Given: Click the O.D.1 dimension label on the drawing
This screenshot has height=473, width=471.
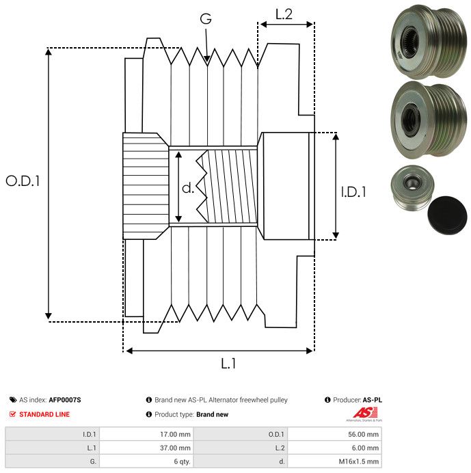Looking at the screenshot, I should click(x=23, y=181).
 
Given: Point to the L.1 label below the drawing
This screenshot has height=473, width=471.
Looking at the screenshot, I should click(x=228, y=364).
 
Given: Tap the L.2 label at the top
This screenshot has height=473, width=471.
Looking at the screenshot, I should click(x=284, y=13).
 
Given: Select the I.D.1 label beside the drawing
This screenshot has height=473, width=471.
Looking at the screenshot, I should click(x=353, y=193).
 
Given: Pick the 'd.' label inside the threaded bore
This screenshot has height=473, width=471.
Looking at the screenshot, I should click(x=188, y=188).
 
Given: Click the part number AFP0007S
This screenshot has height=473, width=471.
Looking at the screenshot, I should click(x=65, y=400).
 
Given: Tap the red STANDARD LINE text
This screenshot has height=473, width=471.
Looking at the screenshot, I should click(x=44, y=414).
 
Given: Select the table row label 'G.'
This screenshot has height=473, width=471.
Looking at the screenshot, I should click(x=93, y=461).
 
